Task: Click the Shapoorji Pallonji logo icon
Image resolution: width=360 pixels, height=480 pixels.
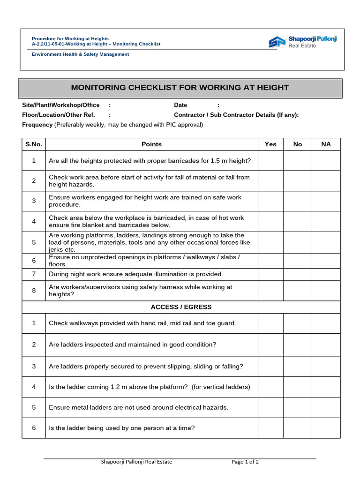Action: pos(277,42)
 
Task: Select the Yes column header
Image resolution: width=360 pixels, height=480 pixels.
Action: pos(270,144)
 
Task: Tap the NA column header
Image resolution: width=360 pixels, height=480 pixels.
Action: pos(326,144)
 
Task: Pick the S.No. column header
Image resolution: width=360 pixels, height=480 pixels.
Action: pos(34,144)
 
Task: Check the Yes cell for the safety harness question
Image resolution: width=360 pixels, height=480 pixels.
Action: pos(270,291)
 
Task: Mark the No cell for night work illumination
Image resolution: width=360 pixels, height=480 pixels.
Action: pos(298,274)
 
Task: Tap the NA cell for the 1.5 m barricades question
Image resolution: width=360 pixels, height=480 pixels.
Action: pos(326,161)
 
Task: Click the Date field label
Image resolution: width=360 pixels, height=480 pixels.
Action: pos(180,105)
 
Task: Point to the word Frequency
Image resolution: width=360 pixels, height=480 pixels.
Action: pos(37,125)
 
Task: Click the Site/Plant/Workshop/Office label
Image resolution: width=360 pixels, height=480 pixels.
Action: pos(61,105)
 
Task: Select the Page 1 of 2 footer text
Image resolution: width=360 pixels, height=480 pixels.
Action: pos(245,462)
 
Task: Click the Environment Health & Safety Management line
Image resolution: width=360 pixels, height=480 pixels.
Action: pos(80,54)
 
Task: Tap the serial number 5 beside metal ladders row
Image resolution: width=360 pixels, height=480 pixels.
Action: pos(34,408)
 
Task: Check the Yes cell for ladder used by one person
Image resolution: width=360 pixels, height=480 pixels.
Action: pos(270,428)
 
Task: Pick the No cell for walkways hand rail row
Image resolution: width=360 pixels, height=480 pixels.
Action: pos(298,323)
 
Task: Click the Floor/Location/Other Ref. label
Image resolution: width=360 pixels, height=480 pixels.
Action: pos(59,115)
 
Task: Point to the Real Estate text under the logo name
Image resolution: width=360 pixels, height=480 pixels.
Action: pos(302,46)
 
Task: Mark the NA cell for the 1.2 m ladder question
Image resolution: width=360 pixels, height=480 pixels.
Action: pos(326,387)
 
